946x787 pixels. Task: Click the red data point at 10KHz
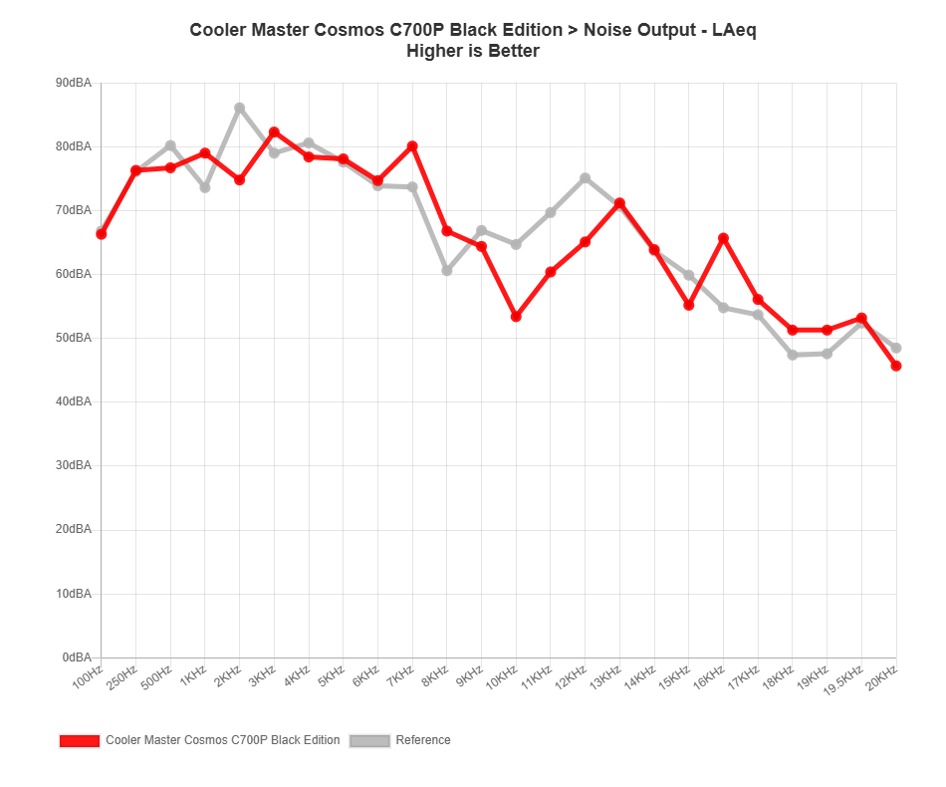[516, 317]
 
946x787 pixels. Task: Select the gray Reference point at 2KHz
[239, 107]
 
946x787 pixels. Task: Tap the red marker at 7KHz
[412, 146]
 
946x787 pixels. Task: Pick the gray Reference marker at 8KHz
[447, 271]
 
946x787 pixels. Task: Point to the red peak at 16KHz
[723, 238]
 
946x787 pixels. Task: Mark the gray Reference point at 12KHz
[586, 178]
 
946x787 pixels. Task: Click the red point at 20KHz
[896, 367]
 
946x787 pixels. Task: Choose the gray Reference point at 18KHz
[793, 355]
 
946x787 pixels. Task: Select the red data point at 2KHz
[239, 180]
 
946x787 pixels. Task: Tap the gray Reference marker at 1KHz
[205, 188]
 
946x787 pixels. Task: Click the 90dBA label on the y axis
[75, 83]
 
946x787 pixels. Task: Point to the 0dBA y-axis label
[78, 657]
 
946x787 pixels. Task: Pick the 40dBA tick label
[75, 401]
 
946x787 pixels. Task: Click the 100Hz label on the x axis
[87, 677]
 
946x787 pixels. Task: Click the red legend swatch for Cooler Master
[80, 741]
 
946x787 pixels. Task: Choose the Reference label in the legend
[423, 741]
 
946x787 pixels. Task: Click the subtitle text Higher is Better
[473, 51]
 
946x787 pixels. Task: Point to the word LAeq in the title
[734, 30]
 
